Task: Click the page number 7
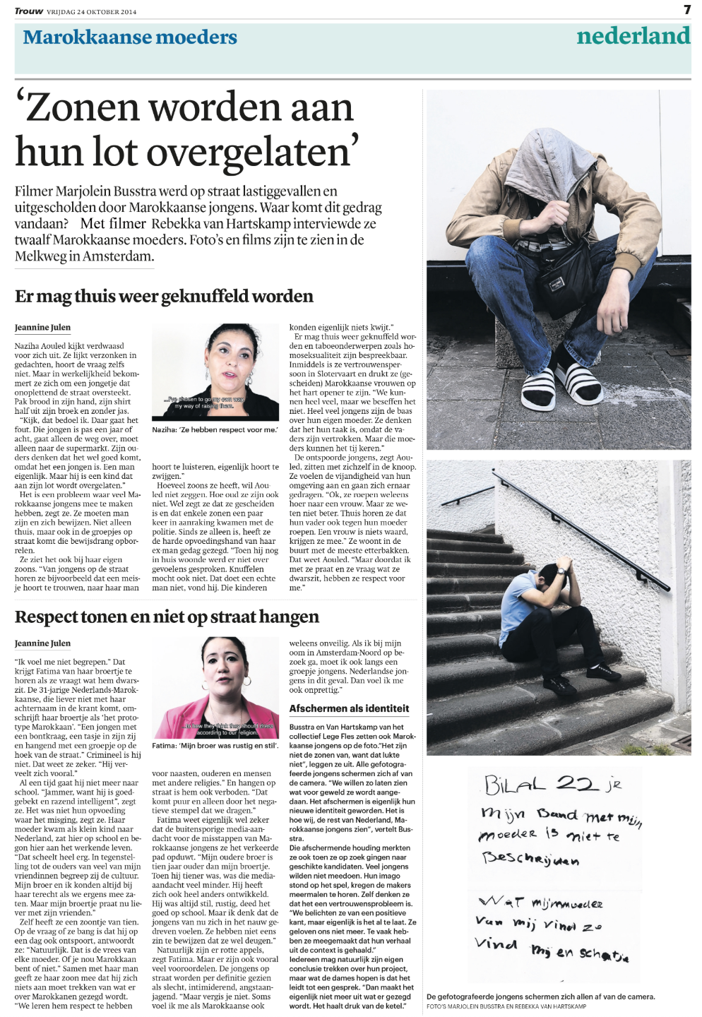click(686, 10)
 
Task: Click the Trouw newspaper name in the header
click(28, 11)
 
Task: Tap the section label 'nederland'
click(633, 37)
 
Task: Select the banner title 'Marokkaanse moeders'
click(130, 37)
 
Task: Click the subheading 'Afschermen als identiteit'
click(349, 708)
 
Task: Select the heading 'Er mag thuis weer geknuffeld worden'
click(164, 296)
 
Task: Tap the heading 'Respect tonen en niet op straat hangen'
click(167, 617)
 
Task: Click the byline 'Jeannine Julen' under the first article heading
click(42, 328)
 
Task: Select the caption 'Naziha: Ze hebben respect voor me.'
click(215, 429)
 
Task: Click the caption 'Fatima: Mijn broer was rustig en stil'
click(215, 746)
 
